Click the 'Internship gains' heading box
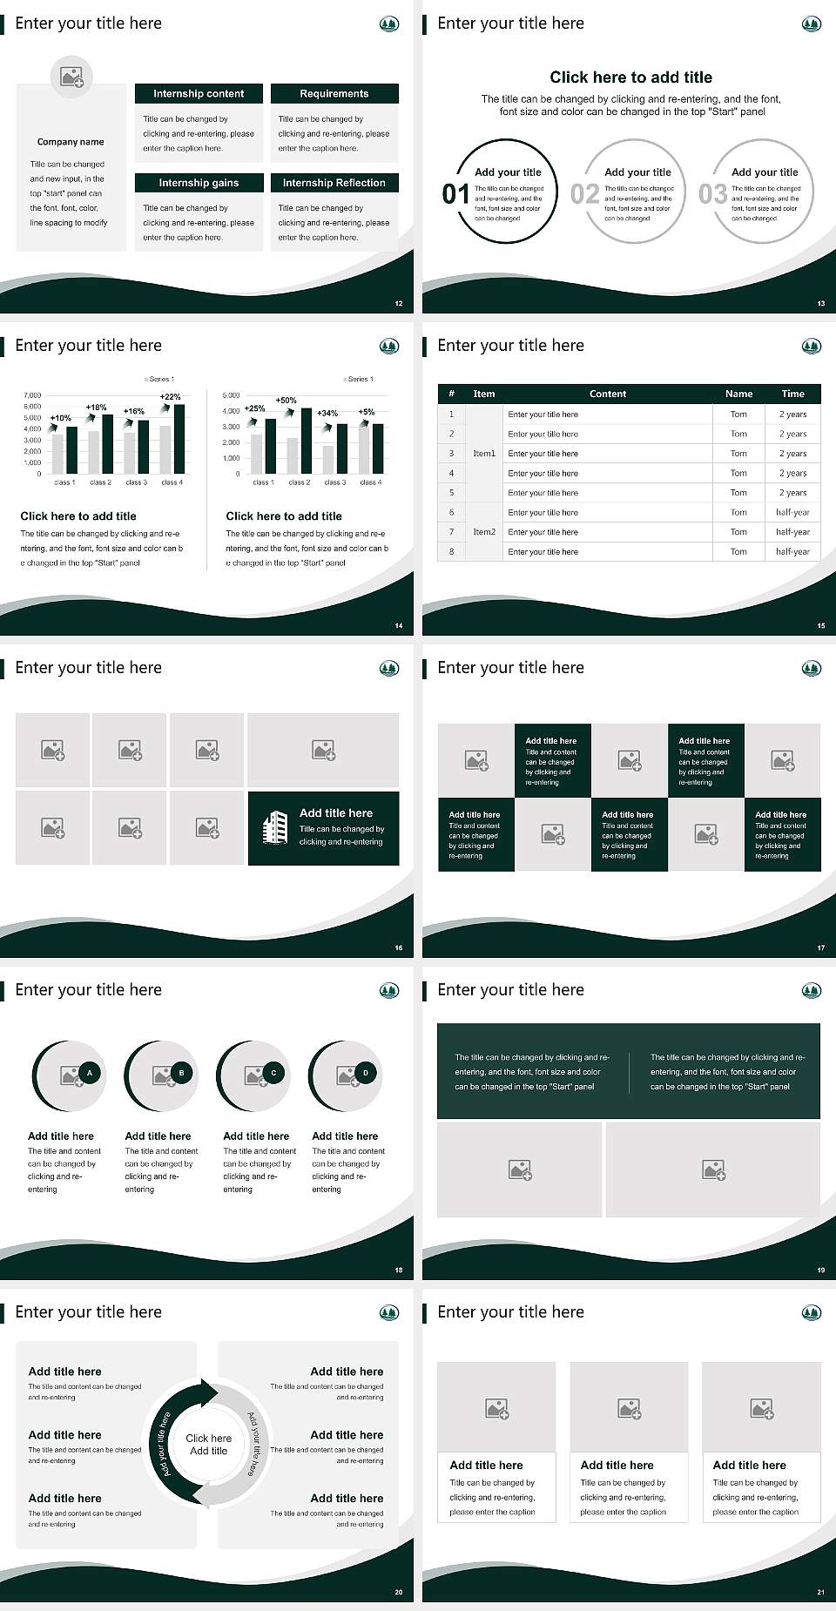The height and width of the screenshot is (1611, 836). click(x=199, y=183)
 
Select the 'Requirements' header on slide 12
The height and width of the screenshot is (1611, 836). click(x=334, y=93)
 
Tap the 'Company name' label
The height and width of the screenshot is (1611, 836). click(x=71, y=142)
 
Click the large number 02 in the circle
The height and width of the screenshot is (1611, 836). click(x=584, y=193)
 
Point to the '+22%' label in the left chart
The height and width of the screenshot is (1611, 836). click(x=171, y=397)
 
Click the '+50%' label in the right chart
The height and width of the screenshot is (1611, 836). click(x=286, y=401)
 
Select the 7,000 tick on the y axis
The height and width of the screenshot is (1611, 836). click(x=32, y=395)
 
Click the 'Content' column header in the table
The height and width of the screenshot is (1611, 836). click(x=607, y=394)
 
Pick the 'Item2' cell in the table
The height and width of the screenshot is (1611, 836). click(x=484, y=531)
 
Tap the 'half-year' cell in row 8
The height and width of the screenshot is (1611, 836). click(x=792, y=551)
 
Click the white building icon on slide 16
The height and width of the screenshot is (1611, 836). click(x=275, y=827)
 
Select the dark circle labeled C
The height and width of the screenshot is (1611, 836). click(x=273, y=1073)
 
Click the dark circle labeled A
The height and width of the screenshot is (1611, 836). click(x=90, y=1073)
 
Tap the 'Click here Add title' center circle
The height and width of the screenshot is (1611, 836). click(x=209, y=1445)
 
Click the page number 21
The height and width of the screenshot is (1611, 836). click(x=820, y=1592)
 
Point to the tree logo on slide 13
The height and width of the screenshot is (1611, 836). click(x=811, y=24)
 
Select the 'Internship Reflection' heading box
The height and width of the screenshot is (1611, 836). click(x=334, y=183)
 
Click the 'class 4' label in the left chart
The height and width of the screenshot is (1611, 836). click(x=172, y=482)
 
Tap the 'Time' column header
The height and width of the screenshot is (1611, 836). click(x=792, y=394)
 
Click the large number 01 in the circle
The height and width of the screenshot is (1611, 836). click(x=455, y=193)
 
